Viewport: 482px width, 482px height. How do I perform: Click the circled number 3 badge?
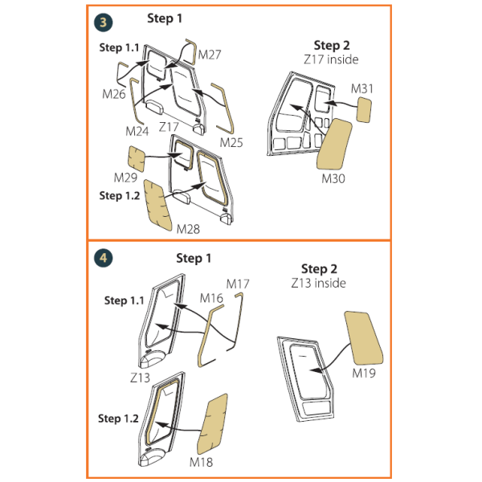tap(104, 22)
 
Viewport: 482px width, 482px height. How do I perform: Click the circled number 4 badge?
tap(104, 258)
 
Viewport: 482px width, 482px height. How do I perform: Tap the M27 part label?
tap(210, 55)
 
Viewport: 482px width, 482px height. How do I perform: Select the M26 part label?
tap(114, 94)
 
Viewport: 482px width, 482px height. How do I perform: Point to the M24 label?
tap(137, 131)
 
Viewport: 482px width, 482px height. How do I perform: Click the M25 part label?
tap(231, 143)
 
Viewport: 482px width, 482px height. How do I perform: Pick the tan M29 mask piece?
tap(137, 158)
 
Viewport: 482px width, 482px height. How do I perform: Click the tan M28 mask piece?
tap(157, 206)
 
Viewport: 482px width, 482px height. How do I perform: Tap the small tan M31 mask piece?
tap(364, 110)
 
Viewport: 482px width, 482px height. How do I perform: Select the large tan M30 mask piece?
tap(334, 144)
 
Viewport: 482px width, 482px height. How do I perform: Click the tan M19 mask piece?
tap(364, 338)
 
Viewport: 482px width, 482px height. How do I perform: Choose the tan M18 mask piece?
tap(212, 424)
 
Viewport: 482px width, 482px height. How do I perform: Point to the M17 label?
tap(238, 284)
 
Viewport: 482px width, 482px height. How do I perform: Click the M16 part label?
tap(211, 298)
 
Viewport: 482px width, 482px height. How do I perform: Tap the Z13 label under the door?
tap(140, 378)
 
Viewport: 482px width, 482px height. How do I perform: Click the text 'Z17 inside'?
tap(331, 59)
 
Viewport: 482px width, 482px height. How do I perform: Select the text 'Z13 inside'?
tap(318, 283)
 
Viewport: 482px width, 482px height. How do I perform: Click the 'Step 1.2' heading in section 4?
tap(118, 419)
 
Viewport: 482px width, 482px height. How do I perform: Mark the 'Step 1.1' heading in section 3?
tap(119, 47)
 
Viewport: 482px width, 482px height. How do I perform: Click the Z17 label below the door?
tap(169, 127)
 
